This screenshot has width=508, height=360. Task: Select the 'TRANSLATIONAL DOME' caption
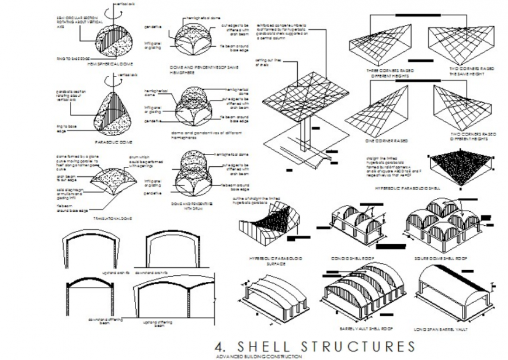(113, 218)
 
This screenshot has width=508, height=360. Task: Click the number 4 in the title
(220, 347)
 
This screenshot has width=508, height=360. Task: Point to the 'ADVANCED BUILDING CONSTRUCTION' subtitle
(259, 356)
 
